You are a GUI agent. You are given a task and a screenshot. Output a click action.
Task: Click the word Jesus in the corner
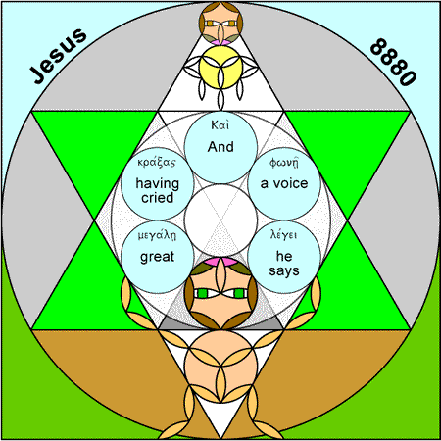tap(58, 56)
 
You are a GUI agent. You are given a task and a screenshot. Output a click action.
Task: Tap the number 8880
tap(394, 62)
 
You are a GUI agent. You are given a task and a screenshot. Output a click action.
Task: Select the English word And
tap(220, 147)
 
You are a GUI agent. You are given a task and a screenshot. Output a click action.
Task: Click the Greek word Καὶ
tap(220, 125)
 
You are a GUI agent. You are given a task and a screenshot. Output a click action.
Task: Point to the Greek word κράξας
tap(157, 163)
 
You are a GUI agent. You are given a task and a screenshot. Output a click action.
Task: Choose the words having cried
tap(158, 190)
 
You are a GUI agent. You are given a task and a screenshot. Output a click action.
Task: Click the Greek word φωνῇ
tap(284, 163)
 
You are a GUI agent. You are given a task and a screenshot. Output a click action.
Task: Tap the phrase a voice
tap(284, 183)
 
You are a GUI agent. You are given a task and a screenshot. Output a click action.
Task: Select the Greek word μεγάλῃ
tap(157, 235)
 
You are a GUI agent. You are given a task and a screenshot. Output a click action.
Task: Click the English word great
tap(157, 257)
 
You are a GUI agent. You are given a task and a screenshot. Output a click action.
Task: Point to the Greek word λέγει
tap(284, 235)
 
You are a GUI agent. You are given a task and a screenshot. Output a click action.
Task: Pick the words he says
tap(284, 264)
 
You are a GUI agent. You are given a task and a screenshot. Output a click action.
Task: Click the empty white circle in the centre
tap(220, 220)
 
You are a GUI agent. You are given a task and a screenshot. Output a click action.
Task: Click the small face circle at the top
tap(220, 23)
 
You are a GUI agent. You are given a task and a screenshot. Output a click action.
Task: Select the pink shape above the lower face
tap(220, 262)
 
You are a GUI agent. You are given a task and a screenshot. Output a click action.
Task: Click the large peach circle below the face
tap(220, 366)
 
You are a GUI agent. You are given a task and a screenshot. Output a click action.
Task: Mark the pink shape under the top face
tap(220, 42)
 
